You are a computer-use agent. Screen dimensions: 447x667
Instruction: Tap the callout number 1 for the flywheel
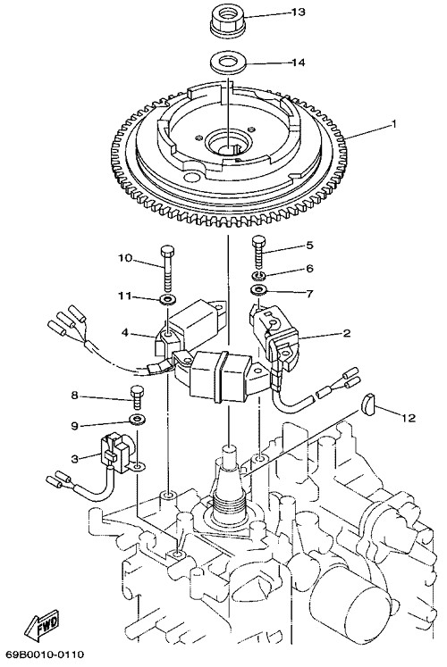click(393, 124)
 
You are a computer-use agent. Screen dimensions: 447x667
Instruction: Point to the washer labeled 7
click(258, 290)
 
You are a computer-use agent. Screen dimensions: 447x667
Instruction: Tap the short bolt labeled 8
click(137, 396)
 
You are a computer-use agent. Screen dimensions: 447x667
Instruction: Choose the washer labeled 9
click(136, 421)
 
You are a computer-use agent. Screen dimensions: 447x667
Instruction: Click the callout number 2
click(347, 333)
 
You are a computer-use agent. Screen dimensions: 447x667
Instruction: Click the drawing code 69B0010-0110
click(45, 654)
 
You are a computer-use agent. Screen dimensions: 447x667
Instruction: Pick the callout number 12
click(408, 418)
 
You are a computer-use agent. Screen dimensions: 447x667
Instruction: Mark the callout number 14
click(298, 63)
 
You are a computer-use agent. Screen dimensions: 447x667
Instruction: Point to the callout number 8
click(74, 396)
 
